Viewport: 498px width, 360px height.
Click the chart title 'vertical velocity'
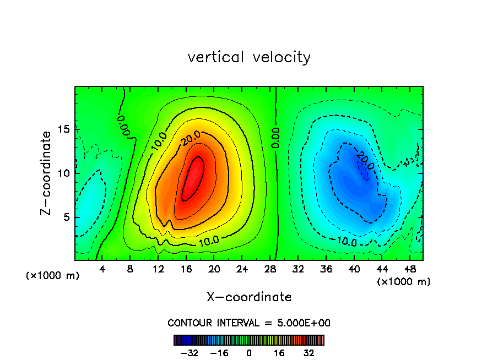click(x=249, y=57)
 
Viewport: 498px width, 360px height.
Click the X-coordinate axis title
click(x=249, y=297)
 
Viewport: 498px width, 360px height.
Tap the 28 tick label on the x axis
click(x=270, y=270)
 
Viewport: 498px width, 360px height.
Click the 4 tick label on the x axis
click(x=102, y=270)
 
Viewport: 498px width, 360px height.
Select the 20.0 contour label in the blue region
click(x=364, y=161)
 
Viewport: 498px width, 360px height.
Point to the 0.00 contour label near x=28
click(x=275, y=138)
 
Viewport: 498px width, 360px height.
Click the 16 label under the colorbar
click(x=279, y=353)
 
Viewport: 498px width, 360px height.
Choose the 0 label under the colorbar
click(x=249, y=353)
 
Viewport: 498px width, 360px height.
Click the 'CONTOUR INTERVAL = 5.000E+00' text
click(x=249, y=323)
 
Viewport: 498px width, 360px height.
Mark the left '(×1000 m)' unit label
click(x=52, y=276)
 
